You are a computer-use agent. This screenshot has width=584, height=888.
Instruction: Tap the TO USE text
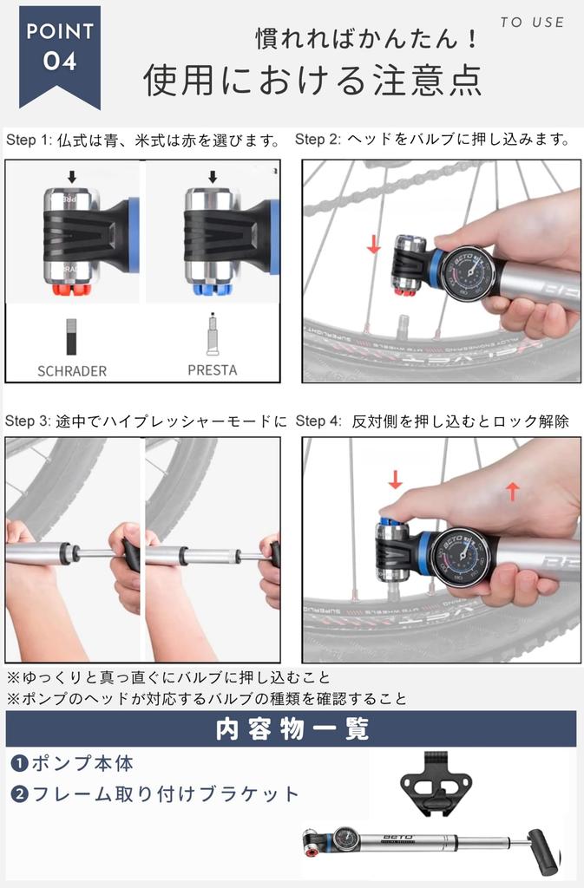tap(532, 22)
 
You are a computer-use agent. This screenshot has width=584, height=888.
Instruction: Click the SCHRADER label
tap(72, 371)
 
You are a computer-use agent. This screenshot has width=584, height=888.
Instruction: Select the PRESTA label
tap(213, 369)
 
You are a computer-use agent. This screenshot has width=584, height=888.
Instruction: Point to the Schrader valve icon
tap(71, 336)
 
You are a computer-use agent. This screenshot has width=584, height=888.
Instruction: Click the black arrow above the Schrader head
tap(71, 176)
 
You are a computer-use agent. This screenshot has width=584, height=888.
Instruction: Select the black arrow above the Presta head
tap(213, 176)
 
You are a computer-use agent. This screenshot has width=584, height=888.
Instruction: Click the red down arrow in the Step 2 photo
tap(373, 245)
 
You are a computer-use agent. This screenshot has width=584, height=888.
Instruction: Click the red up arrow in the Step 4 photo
tap(512, 491)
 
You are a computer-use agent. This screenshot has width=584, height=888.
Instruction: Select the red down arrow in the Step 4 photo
tap(395, 480)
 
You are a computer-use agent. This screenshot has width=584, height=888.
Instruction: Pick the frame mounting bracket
tap(436, 784)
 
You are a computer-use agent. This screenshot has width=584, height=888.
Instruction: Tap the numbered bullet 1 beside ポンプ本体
tap(19, 763)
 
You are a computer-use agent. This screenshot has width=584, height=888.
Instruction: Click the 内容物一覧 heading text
tap(292, 728)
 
